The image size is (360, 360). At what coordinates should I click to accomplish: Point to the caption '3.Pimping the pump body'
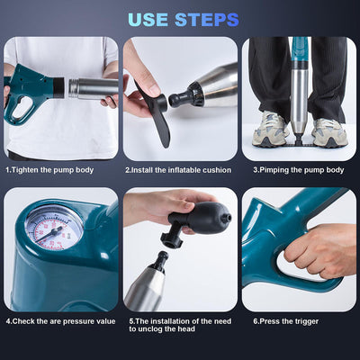[297, 169]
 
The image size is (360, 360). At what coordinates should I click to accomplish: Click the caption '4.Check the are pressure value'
[60, 320]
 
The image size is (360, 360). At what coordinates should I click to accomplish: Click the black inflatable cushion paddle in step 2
[154, 112]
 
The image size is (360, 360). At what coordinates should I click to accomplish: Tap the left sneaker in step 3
[269, 131]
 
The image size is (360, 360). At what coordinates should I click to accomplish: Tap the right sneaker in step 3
[329, 132]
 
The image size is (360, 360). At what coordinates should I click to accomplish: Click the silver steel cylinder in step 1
[92, 87]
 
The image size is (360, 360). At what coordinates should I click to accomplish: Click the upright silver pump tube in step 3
[299, 94]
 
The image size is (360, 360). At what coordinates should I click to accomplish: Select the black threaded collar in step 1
[58, 87]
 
